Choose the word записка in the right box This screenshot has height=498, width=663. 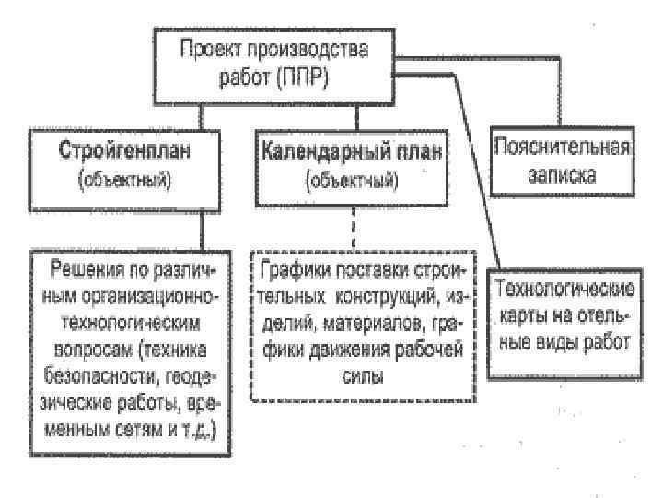pyautogui.click(x=562, y=172)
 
